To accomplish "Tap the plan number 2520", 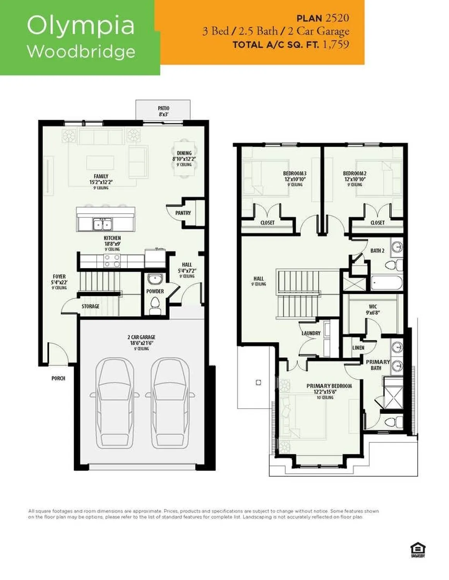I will click(x=337, y=18).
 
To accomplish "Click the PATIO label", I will click(x=163, y=109).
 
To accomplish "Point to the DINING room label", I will click(x=184, y=153).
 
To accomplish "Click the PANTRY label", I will click(x=183, y=213).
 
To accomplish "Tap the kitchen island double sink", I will click(x=103, y=224).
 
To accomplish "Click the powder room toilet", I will click(x=155, y=303).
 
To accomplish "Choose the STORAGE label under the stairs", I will click(x=90, y=306).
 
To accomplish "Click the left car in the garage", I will click(x=113, y=402).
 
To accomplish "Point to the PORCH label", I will click(x=58, y=378).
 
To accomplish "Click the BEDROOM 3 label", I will click(x=295, y=174).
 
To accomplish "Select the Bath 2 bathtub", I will click(x=386, y=283).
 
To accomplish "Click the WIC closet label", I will click(x=373, y=307).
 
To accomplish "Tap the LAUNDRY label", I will click(x=311, y=333).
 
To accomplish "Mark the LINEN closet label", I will click(x=358, y=348).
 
